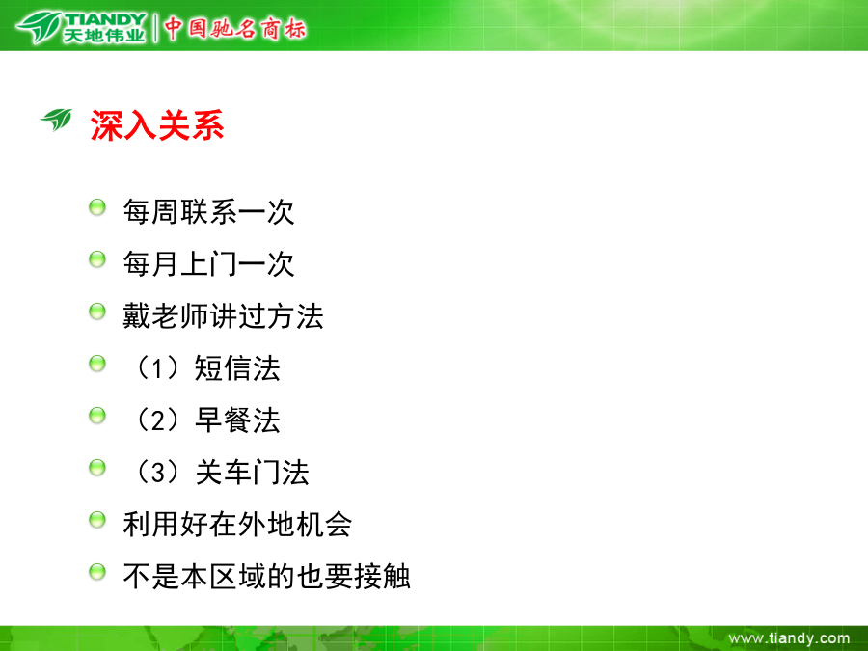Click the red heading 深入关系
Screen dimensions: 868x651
pyautogui.click(x=157, y=125)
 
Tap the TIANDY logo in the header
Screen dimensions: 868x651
pyautogui.click(x=81, y=27)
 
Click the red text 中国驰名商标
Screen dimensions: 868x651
pyautogui.click(x=234, y=28)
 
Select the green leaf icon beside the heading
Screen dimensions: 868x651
pyautogui.click(x=57, y=120)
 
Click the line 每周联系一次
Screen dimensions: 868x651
pyautogui.click(x=208, y=212)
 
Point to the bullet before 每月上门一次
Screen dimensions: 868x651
pyautogui.click(x=97, y=259)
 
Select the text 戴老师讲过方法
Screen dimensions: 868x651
pyautogui.click(x=223, y=316)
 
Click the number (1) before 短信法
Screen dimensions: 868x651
pyautogui.click(x=158, y=368)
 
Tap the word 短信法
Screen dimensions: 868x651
pyautogui.click(x=237, y=368)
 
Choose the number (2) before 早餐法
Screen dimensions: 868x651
pyautogui.click(x=158, y=420)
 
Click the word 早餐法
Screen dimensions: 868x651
pyautogui.click(x=237, y=420)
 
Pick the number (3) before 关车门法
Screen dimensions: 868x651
pyautogui.click(x=158, y=473)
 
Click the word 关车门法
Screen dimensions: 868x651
pyautogui.click(x=252, y=473)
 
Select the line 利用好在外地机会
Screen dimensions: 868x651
pyautogui.click(x=237, y=525)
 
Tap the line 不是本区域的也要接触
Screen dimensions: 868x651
pyautogui.click(x=266, y=577)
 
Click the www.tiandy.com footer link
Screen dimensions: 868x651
pyautogui.click(x=789, y=638)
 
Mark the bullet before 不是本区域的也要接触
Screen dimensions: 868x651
pyautogui.click(x=97, y=571)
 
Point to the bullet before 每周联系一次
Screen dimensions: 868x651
pyautogui.click(x=97, y=207)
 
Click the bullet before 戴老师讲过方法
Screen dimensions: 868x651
pyautogui.click(x=97, y=312)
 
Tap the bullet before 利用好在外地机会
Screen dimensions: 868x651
pyautogui.click(x=97, y=519)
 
